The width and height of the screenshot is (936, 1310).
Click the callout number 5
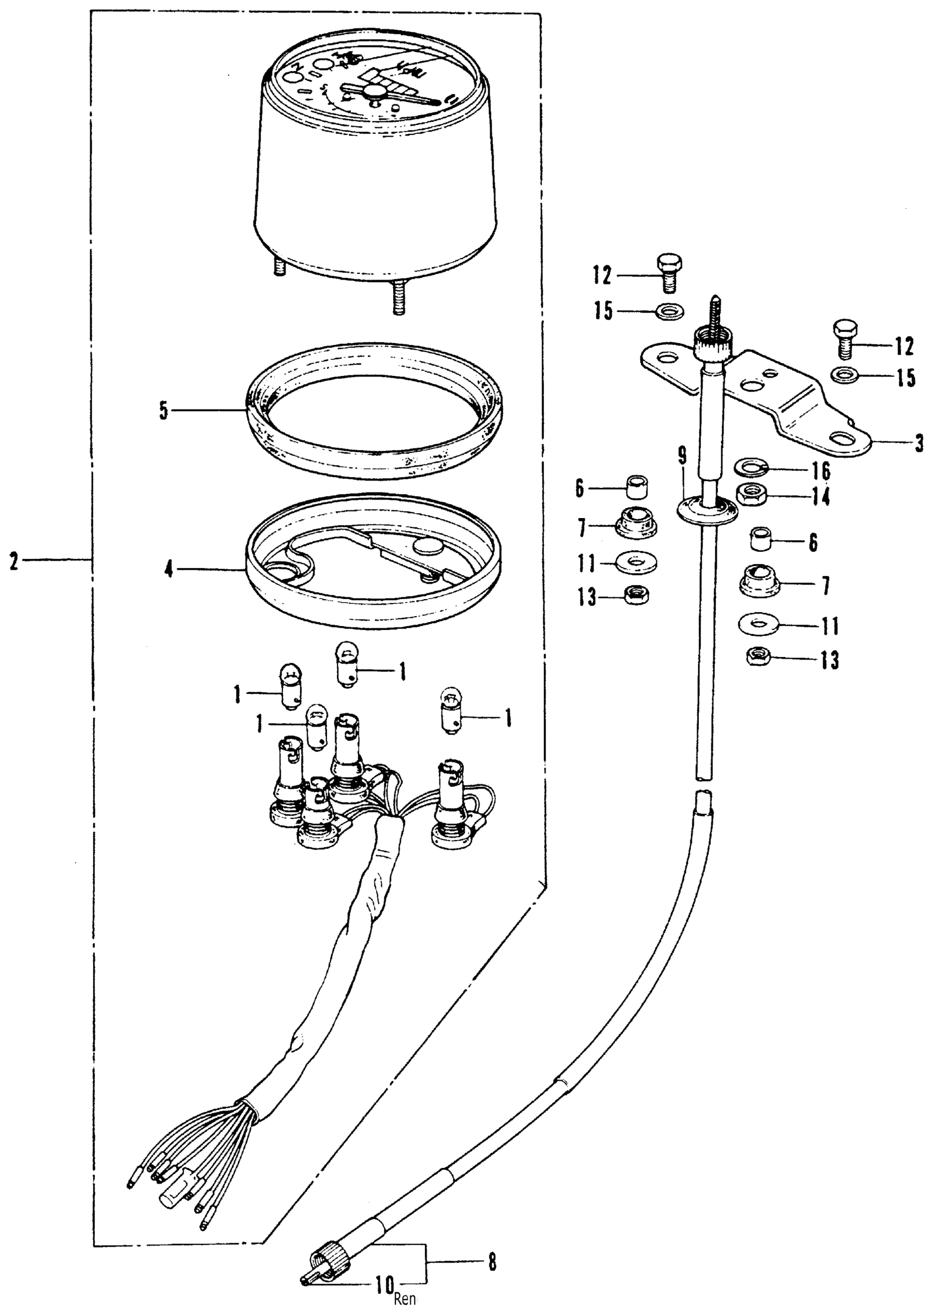(164, 412)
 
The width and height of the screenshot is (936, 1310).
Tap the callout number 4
(169, 571)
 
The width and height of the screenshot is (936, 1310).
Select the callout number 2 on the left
(14, 560)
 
